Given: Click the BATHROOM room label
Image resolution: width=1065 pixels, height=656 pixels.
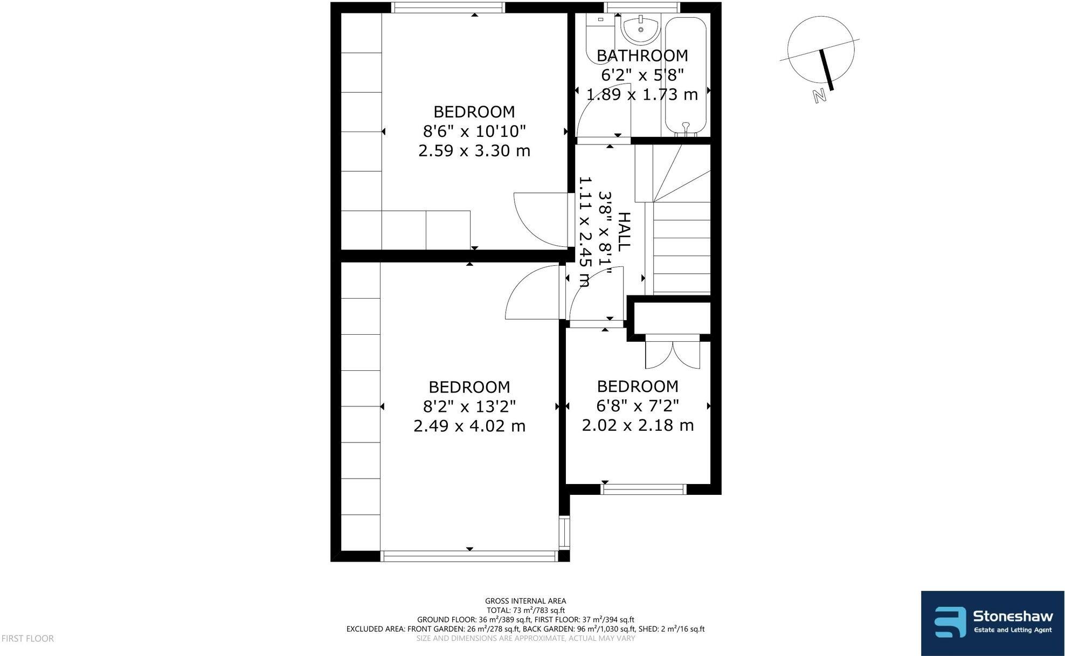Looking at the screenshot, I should click(642, 56).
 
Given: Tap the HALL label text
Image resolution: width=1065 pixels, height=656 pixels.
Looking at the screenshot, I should click(623, 232).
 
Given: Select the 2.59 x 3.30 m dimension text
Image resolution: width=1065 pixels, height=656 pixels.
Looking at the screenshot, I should click(474, 150).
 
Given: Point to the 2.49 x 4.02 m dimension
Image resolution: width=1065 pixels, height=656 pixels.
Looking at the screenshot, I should click(469, 426).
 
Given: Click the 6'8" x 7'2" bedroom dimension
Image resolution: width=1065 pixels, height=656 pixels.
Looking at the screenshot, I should click(638, 405).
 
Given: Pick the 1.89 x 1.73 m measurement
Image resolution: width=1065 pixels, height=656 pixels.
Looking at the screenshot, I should click(642, 95).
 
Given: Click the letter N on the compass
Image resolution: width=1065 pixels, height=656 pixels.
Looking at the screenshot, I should click(820, 96).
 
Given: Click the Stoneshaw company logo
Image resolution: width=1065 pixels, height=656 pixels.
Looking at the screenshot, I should click(992, 623).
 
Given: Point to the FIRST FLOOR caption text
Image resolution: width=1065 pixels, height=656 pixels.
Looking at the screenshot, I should click(27, 639).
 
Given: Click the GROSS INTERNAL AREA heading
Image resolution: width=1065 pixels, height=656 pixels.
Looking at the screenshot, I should click(525, 600).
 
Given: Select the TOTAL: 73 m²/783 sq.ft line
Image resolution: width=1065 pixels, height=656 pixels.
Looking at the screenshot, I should click(525, 610).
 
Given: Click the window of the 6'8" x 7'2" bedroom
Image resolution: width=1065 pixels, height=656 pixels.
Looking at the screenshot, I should click(643, 489).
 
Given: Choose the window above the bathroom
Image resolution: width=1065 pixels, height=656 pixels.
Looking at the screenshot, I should click(641, 7).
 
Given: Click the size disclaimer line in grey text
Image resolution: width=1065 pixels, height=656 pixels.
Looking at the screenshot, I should click(525, 638).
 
